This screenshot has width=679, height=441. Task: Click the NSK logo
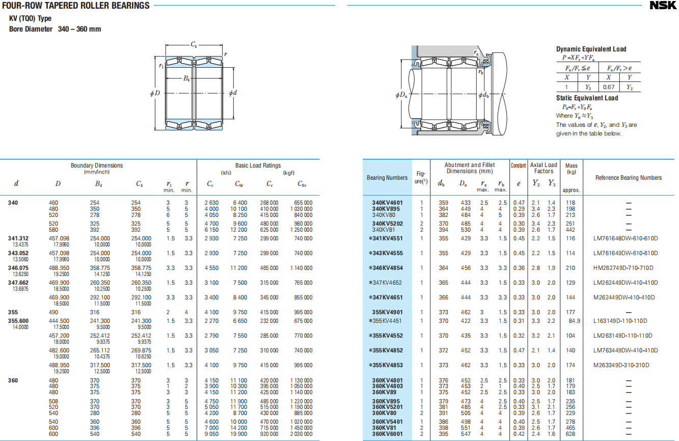pyautogui.click(x=663, y=6)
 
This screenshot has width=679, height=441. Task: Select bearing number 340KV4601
pyautogui.click(x=388, y=203)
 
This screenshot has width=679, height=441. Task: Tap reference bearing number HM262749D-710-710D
pyautogui.click(x=623, y=268)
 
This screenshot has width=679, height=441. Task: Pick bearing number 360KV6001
pyautogui.click(x=388, y=434)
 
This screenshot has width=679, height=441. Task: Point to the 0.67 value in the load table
pyautogui.click(x=608, y=87)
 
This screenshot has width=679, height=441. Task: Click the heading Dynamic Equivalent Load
pyautogui.click(x=591, y=49)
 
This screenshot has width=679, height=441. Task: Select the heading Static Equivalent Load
pyautogui.click(x=587, y=98)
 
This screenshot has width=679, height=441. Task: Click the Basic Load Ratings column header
pyautogui.click(x=258, y=166)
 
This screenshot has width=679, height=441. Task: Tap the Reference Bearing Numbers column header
pyautogui.click(x=629, y=178)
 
